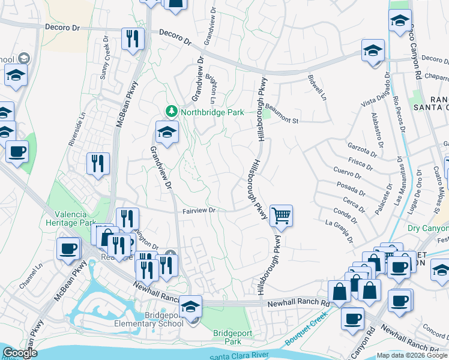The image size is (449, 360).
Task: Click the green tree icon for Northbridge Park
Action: pos(172,112)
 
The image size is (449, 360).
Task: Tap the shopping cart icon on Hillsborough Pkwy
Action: pos(281,215)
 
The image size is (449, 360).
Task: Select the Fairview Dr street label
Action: pos(199,211)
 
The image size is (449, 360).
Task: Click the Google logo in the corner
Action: pos(20,353)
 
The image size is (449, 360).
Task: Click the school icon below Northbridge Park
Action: pos(167,132)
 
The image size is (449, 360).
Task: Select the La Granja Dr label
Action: pos(340,231)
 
